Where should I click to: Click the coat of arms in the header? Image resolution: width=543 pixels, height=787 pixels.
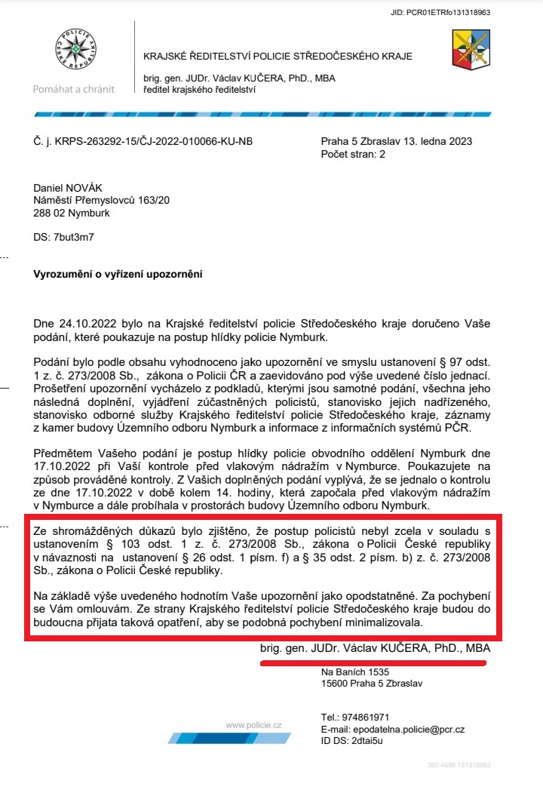pyautogui.click(x=471, y=50)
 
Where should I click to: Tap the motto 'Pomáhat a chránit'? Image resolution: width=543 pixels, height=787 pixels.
pyautogui.click(x=74, y=89)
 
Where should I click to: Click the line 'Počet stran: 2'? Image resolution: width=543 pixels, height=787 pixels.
pyautogui.click(x=353, y=154)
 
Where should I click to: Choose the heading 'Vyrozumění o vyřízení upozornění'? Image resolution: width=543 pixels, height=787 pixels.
pyautogui.click(x=118, y=274)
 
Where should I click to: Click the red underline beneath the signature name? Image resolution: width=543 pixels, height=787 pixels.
pyautogui.click(x=373, y=662)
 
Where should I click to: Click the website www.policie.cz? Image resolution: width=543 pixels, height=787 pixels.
pyautogui.click(x=254, y=725)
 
